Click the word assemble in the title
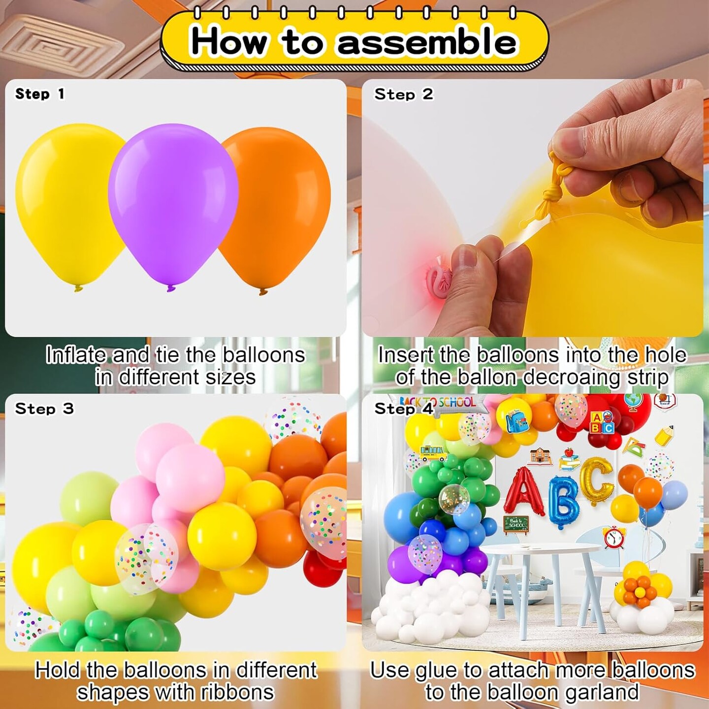pyautogui.click(x=427, y=43)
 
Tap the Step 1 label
pyautogui.click(x=40, y=94)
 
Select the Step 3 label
pyautogui.click(x=44, y=409)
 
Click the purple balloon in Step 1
pyautogui.click(x=173, y=206)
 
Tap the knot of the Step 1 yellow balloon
pyautogui.click(x=78, y=288)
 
